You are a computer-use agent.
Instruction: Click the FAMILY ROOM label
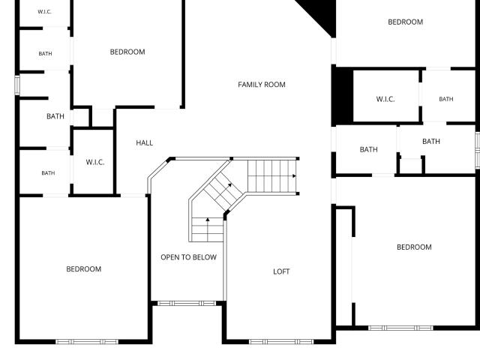click(x=262, y=85)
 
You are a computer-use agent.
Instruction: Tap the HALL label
click(x=145, y=142)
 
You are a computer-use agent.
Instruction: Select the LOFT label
click(x=281, y=271)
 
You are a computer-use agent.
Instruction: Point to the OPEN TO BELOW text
click(x=188, y=257)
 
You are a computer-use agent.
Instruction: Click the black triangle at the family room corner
click(x=322, y=13)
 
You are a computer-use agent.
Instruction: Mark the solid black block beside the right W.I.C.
click(x=343, y=95)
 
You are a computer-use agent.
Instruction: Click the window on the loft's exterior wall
click(x=281, y=341)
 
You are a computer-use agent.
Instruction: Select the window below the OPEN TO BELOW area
click(x=187, y=303)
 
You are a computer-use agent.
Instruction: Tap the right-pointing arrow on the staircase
click(x=294, y=176)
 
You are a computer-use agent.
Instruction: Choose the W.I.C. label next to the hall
click(x=95, y=162)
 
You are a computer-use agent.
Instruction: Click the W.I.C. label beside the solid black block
click(x=385, y=99)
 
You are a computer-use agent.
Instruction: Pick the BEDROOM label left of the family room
click(x=127, y=52)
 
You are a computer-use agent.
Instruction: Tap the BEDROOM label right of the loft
click(x=414, y=247)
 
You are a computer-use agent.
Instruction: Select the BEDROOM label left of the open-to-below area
click(x=83, y=269)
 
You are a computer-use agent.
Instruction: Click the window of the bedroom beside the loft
click(x=400, y=328)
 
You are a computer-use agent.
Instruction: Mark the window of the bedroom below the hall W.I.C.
click(x=87, y=342)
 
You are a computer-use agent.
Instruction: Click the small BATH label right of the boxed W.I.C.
click(x=446, y=99)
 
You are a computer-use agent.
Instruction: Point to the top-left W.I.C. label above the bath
click(x=44, y=12)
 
